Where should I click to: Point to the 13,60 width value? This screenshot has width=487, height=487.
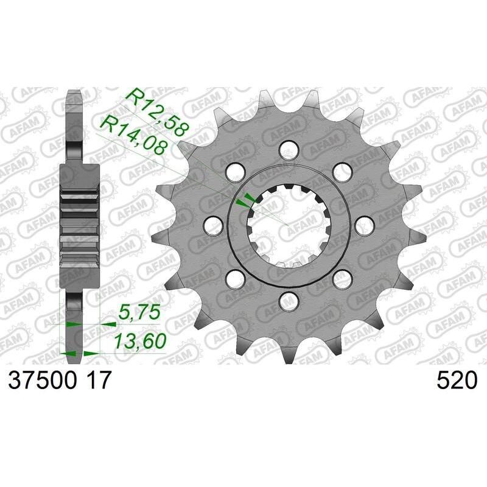(140, 342)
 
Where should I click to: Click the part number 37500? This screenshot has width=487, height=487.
(41, 381)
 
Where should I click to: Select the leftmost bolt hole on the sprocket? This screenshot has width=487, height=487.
(212, 225)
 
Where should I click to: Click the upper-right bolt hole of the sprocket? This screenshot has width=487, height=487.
(342, 172)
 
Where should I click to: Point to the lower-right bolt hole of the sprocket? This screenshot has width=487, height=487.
(342, 279)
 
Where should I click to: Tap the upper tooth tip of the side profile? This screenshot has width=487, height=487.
(73, 97)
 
